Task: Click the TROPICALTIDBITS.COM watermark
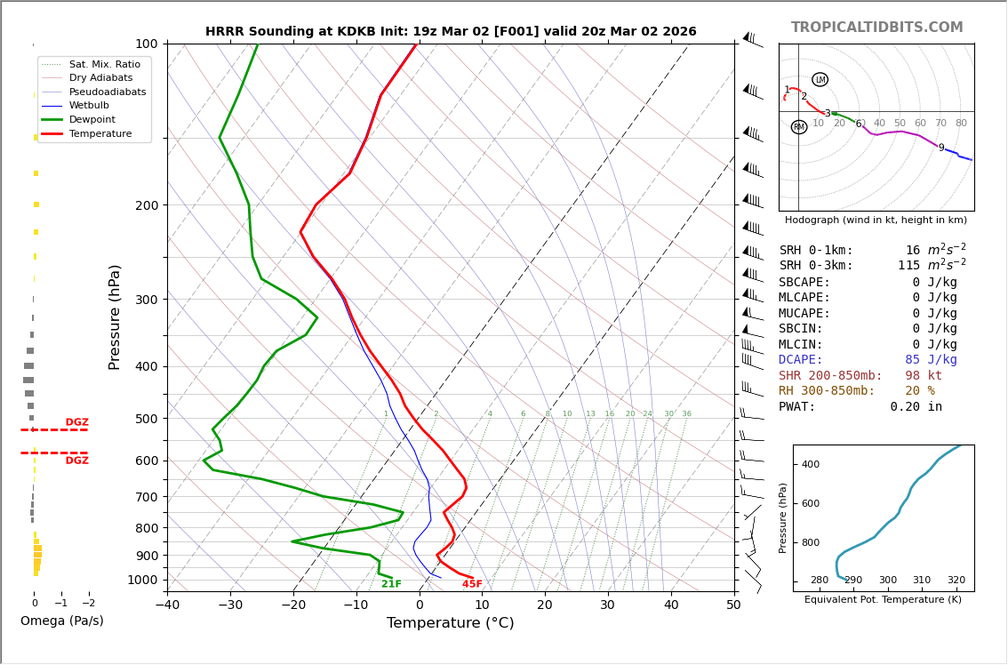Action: point(876,28)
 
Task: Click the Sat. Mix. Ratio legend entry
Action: point(104,64)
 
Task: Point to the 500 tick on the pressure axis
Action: point(147,419)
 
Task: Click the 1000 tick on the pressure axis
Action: point(143,580)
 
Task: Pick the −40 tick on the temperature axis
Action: point(167,605)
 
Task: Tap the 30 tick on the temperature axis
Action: point(608,605)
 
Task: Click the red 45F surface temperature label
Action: point(472,584)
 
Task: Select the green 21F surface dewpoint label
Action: point(391,584)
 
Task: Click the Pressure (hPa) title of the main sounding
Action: point(115,316)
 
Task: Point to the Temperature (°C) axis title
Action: point(451,623)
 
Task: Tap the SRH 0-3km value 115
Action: point(908,266)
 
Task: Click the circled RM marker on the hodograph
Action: point(799,127)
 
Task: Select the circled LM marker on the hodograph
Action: point(820,79)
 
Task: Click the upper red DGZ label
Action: point(76,422)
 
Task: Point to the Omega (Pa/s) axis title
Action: point(61,621)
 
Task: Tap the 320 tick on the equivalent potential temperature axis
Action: point(956,581)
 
